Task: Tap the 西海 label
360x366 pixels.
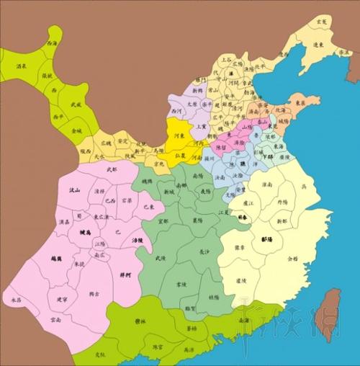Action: point(51,44)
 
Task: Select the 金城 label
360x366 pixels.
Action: point(76,130)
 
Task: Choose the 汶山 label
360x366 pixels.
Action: point(73,190)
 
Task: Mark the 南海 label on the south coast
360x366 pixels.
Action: point(244,320)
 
